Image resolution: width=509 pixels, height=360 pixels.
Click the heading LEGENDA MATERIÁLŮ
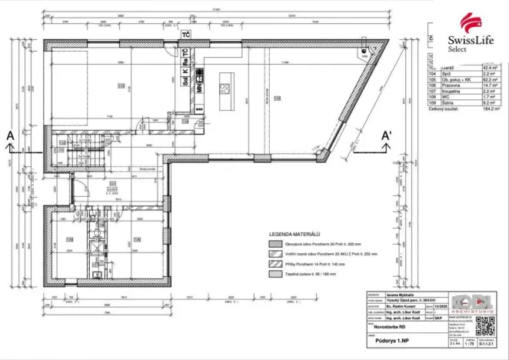(x=294, y=232)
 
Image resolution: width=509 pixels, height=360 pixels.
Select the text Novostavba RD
(x=384, y=325)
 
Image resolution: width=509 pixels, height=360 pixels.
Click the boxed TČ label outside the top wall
(x=185, y=35)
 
